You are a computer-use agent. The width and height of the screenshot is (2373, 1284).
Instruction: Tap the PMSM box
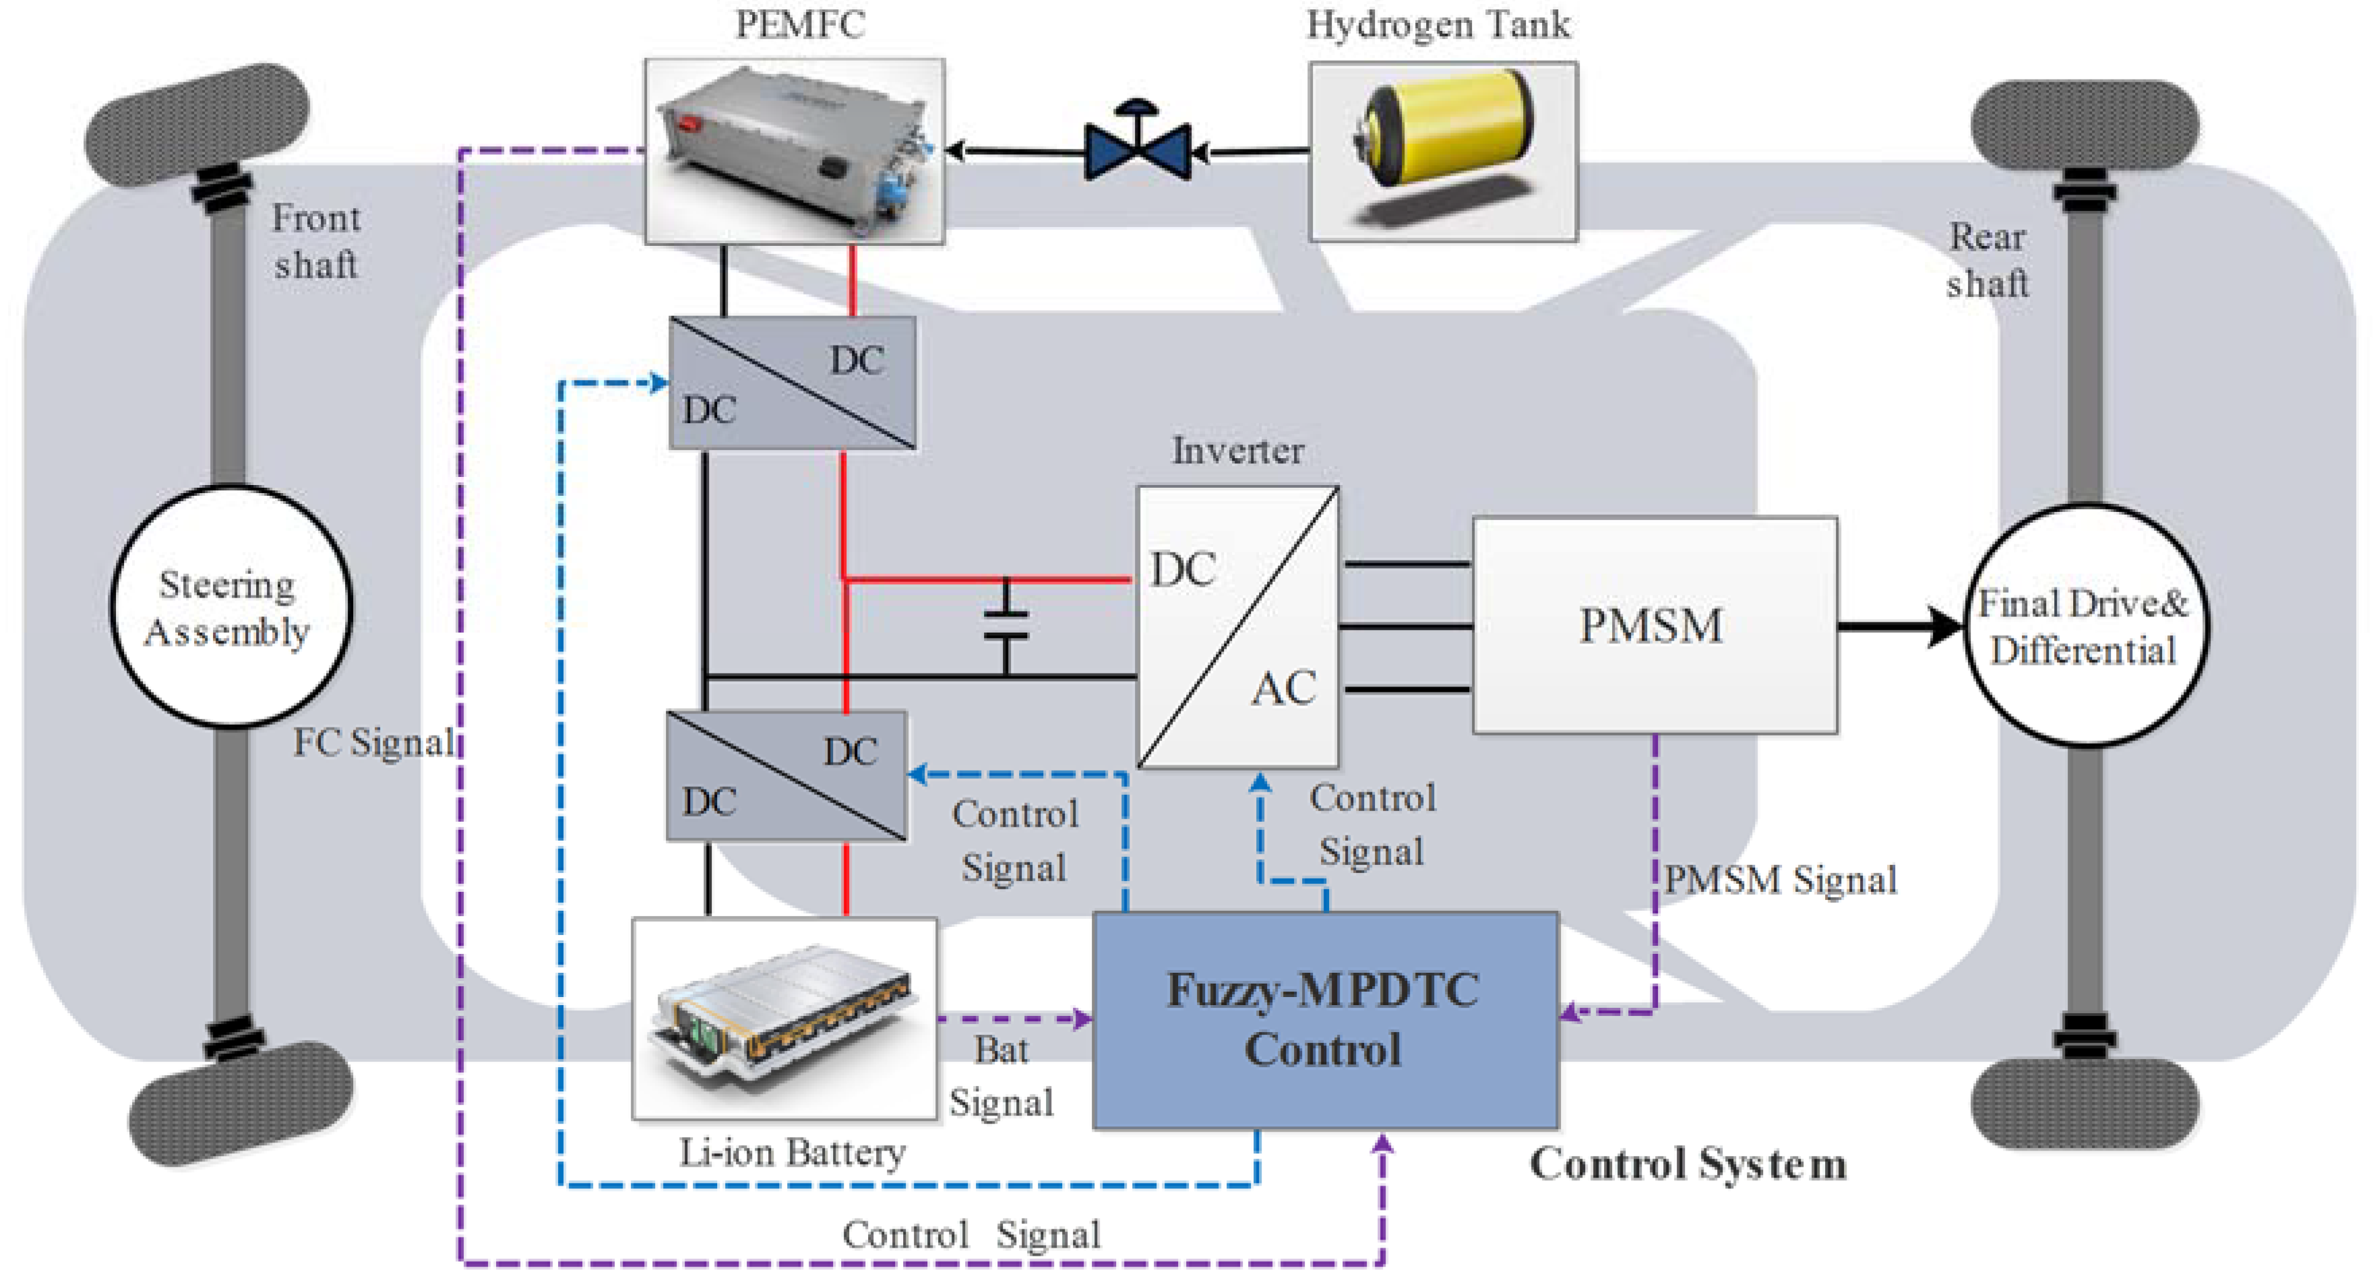[1653, 625]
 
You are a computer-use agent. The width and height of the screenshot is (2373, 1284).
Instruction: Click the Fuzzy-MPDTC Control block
[1324, 1020]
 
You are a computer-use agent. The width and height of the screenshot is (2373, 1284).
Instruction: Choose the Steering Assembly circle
[229, 607]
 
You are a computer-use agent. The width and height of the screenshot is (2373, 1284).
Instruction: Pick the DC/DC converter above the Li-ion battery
[786, 775]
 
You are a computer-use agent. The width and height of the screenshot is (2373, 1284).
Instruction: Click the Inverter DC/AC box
[1237, 627]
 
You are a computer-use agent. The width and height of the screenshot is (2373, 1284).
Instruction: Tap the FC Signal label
[373, 742]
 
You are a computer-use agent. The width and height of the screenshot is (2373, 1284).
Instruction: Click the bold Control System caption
[1688, 1164]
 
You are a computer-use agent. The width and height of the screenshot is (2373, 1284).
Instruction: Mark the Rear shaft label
[1987, 260]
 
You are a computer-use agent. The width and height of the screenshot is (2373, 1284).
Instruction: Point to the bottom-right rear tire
[2084, 1103]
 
